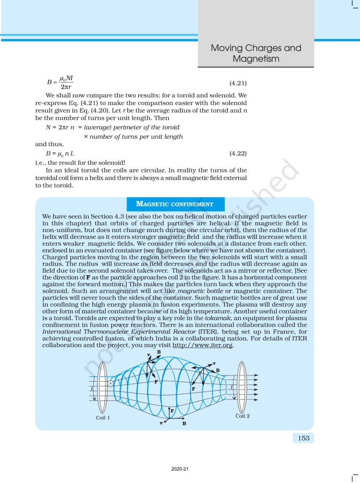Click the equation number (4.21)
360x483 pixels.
click(238, 83)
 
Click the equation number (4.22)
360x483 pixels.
click(238, 154)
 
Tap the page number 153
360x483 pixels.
click(304, 438)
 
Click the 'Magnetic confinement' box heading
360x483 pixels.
click(175, 204)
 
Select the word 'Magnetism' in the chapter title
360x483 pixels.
click(256, 59)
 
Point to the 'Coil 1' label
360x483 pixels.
click(103, 417)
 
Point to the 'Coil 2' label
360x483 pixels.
click(243, 416)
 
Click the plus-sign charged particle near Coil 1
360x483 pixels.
click(110, 383)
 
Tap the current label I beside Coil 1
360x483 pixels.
click(92, 388)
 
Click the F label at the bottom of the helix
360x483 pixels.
click(172, 411)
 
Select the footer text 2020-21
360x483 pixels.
click(180, 469)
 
